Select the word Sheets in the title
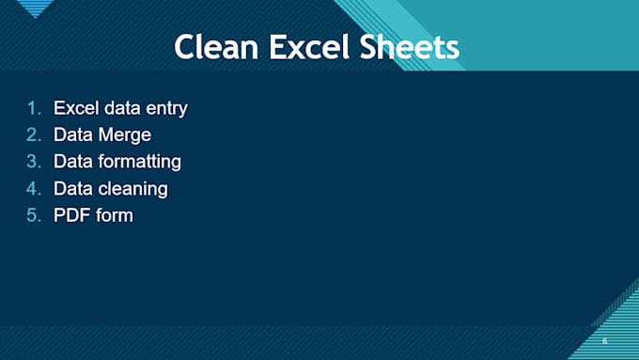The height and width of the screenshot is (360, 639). [x=413, y=46]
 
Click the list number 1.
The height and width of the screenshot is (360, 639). [x=34, y=108]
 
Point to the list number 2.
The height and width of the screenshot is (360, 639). [x=34, y=135]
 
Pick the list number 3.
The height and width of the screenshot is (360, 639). [x=34, y=162]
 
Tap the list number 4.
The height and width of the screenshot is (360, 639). [x=34, y=189]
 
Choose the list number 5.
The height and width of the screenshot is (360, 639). [x=34, y=216]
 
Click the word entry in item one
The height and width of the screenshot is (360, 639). [x=164, y=108]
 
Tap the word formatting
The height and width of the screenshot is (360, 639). [x=140, y=162]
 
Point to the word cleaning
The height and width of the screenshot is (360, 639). [x=133, y=189]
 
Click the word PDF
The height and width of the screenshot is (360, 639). [x=70, y=216]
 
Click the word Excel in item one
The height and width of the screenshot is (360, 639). [x=75, y=108]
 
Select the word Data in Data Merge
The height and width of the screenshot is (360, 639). [x=73, y=135]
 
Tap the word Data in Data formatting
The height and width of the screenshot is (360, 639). [x=73, y=162]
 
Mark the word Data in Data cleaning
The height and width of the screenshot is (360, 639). [x=73, y=189]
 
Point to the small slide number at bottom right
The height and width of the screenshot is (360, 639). [x=604, y=341]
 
